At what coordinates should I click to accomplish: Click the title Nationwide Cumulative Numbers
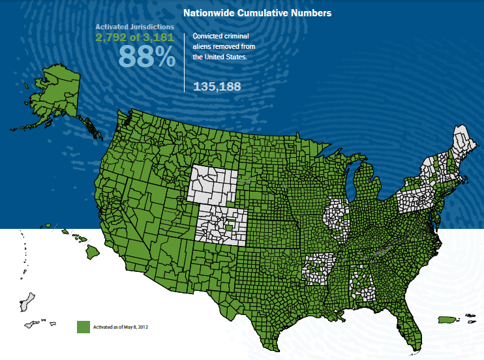[258, 12]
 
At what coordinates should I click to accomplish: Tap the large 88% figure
[147, 57]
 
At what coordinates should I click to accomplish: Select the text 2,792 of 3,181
[135, 38]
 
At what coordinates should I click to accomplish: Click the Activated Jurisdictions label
[135, 27]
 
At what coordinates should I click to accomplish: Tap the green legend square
[83, 327]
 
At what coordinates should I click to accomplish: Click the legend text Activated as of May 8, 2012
[121, 327]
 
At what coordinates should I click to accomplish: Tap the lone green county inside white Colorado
[228, 227]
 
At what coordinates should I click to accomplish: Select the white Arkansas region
[318, 267]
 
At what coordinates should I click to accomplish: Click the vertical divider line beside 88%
[185, 62]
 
